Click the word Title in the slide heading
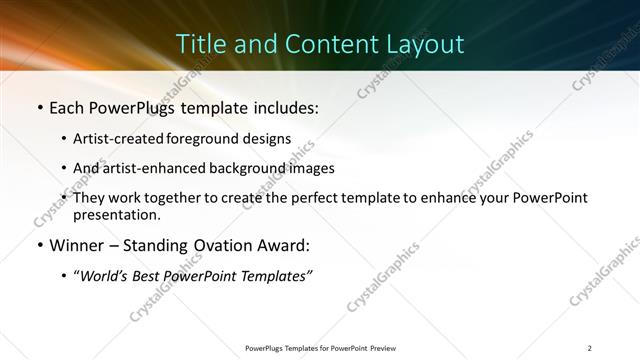198,44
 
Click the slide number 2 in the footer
590,348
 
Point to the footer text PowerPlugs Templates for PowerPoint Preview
320,348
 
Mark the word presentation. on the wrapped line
116,214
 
